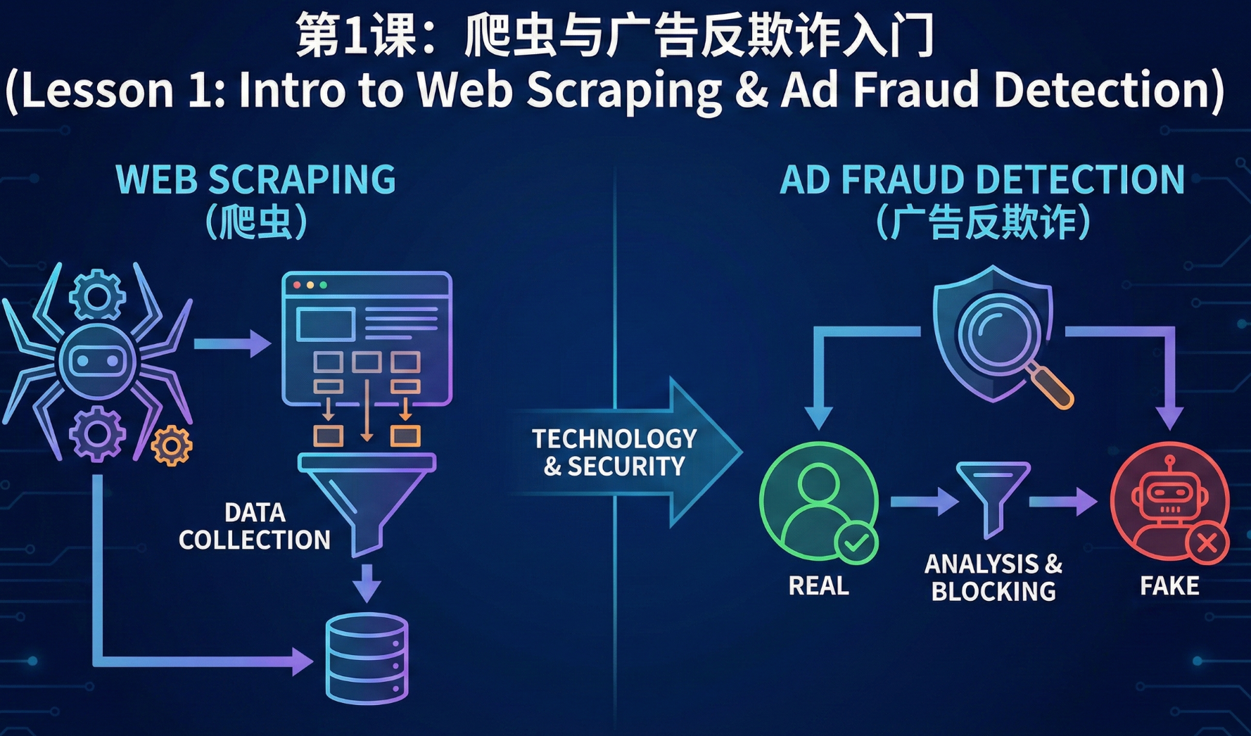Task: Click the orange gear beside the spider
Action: point(171,445)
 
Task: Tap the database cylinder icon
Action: point(367,659)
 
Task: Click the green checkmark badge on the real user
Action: point(856,543)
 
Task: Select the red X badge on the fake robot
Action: point(1207,543)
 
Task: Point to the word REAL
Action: point(818,585)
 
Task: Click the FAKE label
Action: point(1169,585)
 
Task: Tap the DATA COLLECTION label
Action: point(254,526)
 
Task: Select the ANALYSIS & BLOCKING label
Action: point(993,577)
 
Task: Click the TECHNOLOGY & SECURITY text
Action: point(614,452)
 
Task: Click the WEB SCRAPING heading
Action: point(255,179)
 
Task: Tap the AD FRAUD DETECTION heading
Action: point(982,179)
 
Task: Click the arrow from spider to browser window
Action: point(231,343)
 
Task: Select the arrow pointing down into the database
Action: point(367,583)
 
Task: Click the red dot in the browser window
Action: point(297,285)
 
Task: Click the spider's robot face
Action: point(97,360)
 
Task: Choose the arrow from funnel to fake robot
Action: point(1062,502)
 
